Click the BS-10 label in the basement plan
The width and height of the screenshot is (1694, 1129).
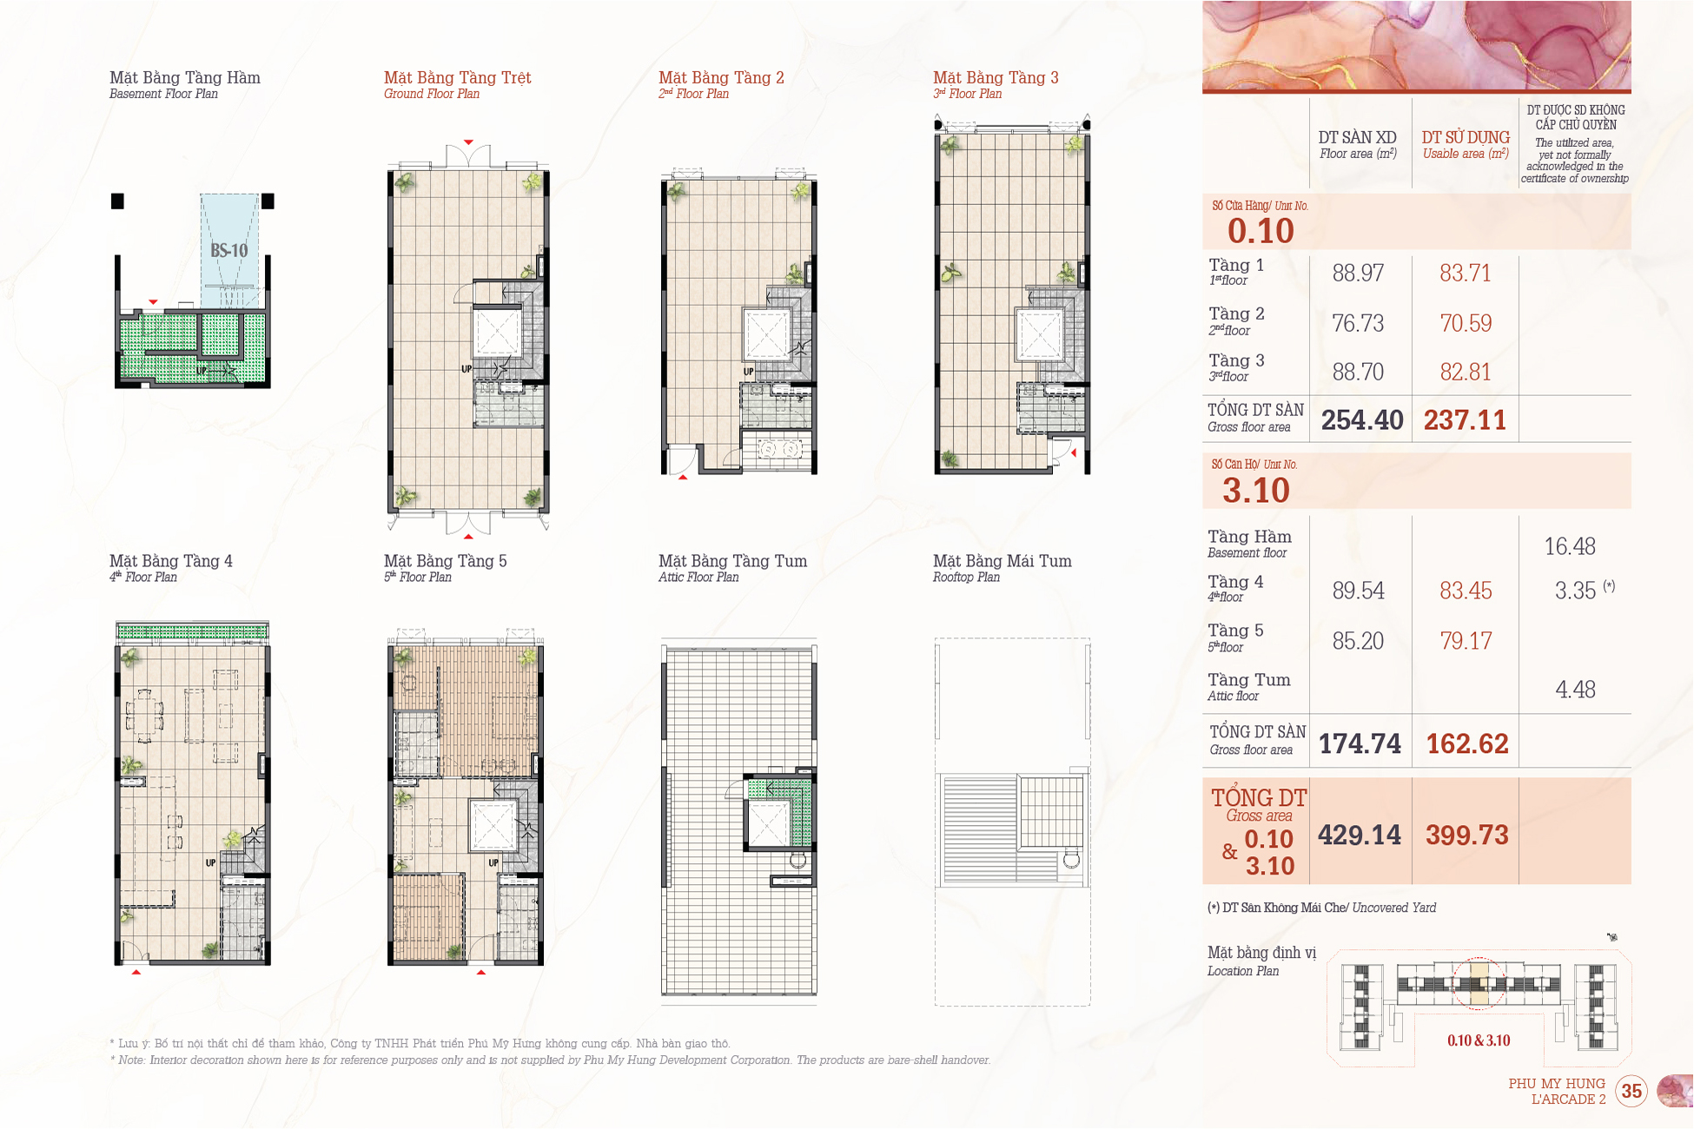229,250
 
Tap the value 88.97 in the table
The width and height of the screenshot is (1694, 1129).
1358,273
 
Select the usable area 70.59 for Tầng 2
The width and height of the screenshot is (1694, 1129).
1466,323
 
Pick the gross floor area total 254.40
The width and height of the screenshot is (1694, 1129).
1362,420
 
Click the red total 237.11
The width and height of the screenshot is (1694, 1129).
1465,420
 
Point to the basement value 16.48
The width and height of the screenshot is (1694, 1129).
1570,546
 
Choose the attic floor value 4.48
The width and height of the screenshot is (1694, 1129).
1575,690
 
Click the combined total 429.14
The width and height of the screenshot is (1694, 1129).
1360,835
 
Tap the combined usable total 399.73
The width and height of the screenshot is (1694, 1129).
1467,835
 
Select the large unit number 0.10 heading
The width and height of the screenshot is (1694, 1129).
1261,231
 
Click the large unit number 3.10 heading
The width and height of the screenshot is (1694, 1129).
1256,491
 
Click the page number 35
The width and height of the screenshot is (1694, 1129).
1631,1091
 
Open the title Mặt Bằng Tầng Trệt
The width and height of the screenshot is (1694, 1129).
458,77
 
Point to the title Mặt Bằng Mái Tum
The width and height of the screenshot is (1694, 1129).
1003,561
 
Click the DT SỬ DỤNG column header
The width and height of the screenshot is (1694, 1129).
1466,137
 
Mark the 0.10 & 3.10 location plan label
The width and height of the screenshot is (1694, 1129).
1479,1040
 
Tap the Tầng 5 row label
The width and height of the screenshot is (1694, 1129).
1235,631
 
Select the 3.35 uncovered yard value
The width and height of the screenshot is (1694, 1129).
1575,591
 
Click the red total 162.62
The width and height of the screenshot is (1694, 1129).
1467,744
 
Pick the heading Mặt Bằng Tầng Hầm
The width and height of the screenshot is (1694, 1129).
185,77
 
